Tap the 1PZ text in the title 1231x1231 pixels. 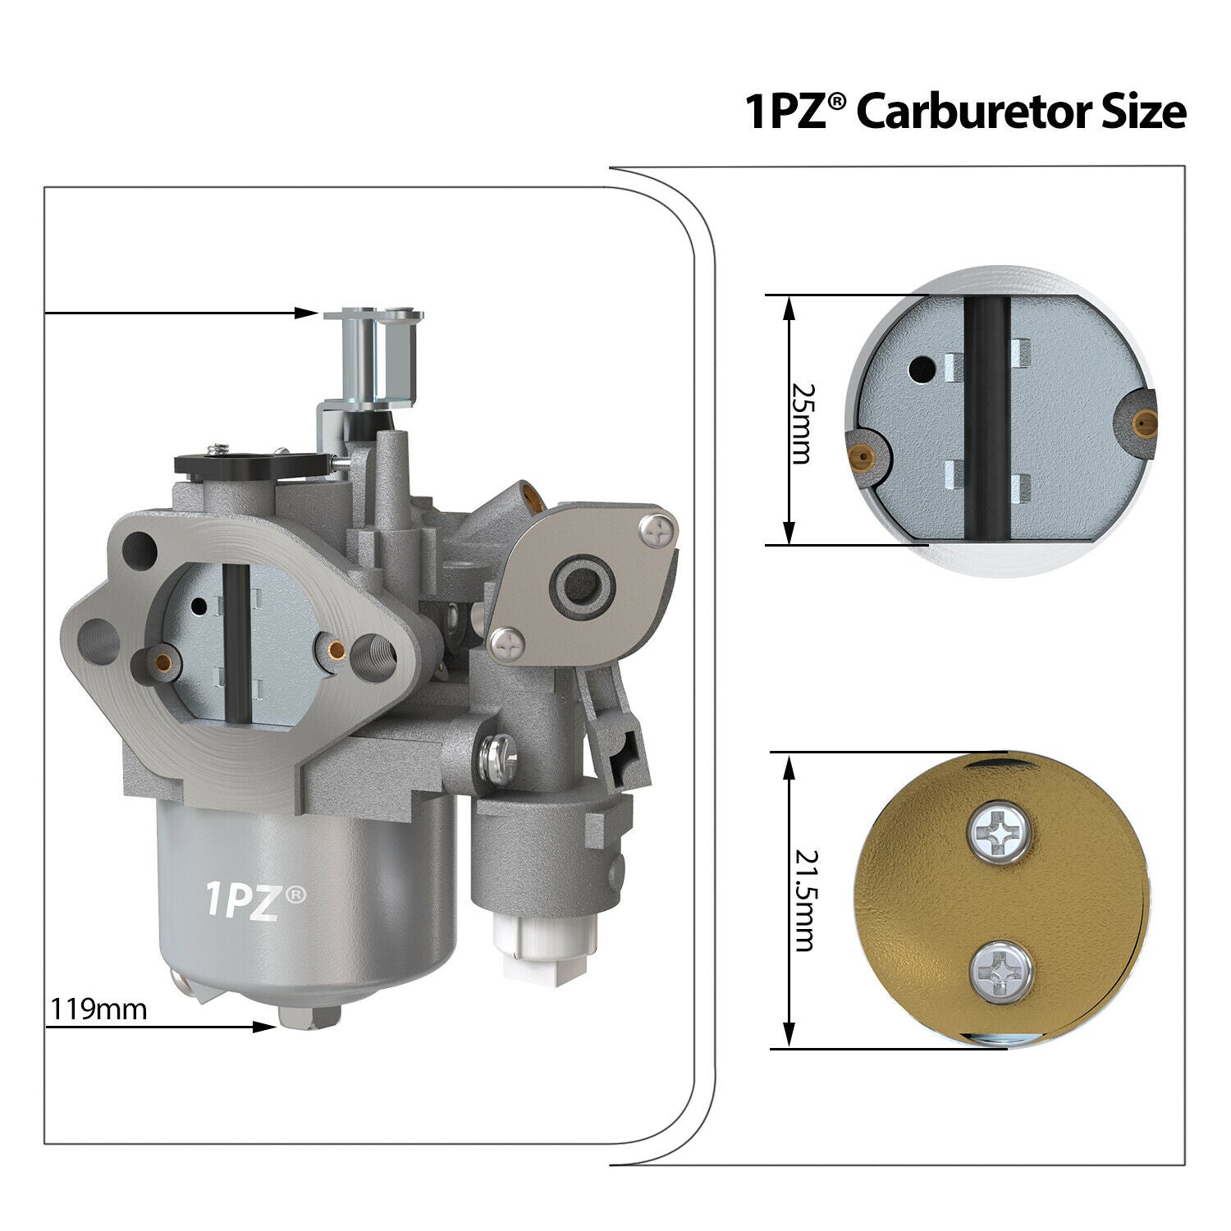pos(788,112)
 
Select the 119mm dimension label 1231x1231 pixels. pos(99,1008)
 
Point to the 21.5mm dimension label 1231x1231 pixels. pos(804,900)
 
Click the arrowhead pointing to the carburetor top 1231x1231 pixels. pos(308,313)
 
